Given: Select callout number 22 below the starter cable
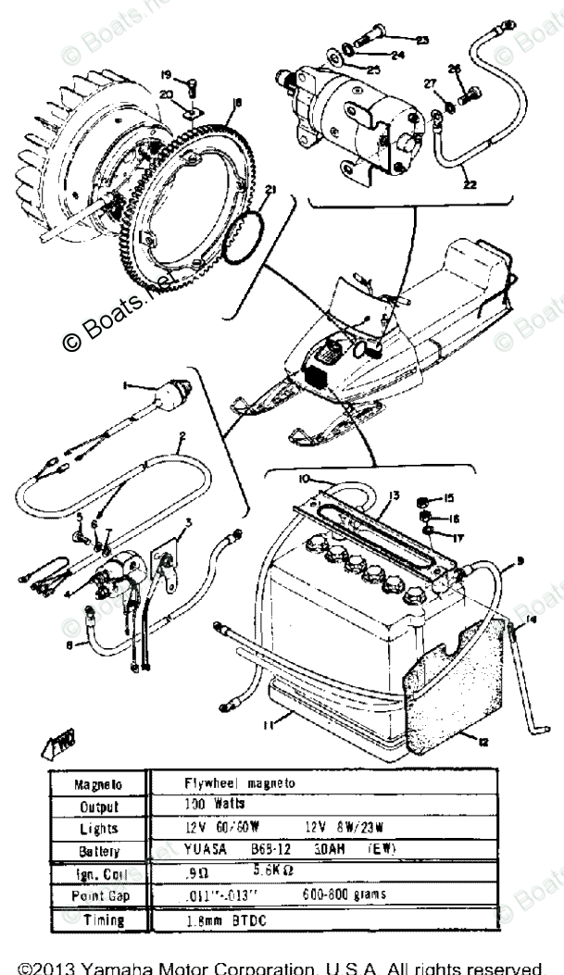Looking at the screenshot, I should click(x=470, y=185).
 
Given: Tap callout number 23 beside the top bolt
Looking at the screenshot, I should click(x=422, y=40).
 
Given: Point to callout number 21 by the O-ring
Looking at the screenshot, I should click(x=269, y=191).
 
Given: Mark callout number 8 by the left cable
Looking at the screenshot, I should click(x=68, y=644).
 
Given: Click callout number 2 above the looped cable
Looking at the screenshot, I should click(x=182, y=435).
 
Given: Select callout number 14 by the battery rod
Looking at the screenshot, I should click(x=531, y=619).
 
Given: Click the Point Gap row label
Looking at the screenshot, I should click(x=91, y=896).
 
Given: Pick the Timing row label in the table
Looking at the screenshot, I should click(x=91, y=920).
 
